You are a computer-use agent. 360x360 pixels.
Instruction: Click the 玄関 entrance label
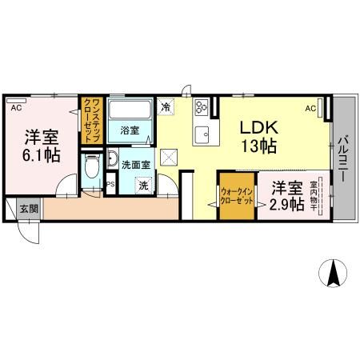[x=29, y=209]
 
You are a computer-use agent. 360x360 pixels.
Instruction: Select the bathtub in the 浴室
[x=129, y=111]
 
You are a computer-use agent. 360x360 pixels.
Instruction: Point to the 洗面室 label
[x=134, y=165]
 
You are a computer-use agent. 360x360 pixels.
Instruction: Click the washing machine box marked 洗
[x=143, y=186]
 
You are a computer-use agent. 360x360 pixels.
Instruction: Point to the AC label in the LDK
[x=310, y=107]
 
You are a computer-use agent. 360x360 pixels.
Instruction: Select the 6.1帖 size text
[x=40, y=154]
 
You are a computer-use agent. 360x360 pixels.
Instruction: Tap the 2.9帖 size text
[x=286, y=205]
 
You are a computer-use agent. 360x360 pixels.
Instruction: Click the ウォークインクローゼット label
[x=237, y=197]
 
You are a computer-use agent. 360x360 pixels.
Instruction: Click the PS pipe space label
[x=110, y=184]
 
